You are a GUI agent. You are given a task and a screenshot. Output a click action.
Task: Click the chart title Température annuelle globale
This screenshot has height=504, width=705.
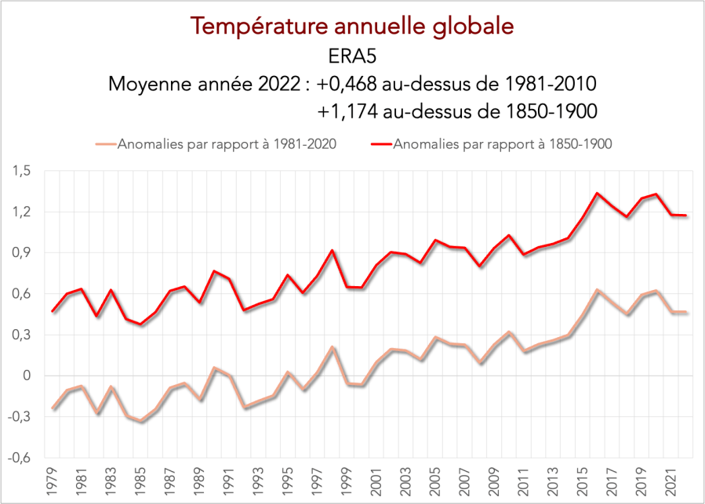coord(352,26)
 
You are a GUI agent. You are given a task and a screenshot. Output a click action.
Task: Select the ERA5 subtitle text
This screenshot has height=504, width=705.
coord(352,56)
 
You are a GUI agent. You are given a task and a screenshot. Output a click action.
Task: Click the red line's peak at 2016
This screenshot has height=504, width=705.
coord(598,193)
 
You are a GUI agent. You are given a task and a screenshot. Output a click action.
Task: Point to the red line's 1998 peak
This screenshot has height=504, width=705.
coord(333,251)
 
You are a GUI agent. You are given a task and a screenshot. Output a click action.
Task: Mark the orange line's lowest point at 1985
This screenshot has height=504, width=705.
coord(141,422)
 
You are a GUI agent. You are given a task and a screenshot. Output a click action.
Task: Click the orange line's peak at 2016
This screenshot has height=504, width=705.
coord(598,290)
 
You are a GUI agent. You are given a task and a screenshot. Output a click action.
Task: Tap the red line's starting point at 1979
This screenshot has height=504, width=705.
coord(53,311)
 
